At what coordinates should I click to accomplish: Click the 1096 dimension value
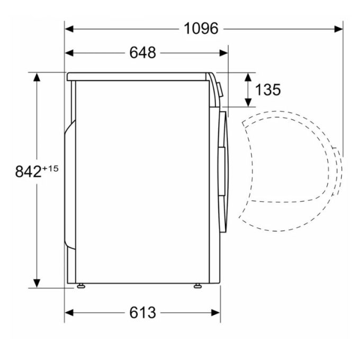point(201,29)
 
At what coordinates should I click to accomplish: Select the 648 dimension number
point(142,52)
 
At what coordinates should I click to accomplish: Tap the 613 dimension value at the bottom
point(142,312)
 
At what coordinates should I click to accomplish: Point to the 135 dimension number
point(268,89)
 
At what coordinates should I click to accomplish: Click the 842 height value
point(28,172)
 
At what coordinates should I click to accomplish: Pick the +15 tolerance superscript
point(50,169)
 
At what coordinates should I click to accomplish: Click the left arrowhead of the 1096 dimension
point(69,29)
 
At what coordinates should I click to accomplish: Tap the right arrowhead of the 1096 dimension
point(339,29)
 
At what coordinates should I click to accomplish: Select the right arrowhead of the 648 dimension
point(223,53)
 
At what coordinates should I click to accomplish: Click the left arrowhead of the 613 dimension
point(69,313)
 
